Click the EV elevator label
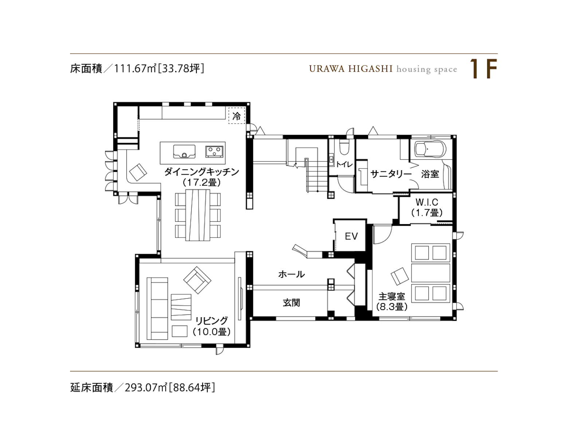coord(351,236)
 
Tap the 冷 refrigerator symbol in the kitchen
coord(236,116)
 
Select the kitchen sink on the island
coord(184,151)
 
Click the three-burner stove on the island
coord(214,151)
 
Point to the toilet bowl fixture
coord(344,147)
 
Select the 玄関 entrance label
coord(291,302)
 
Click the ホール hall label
coord(291,274)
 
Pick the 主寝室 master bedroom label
coord(391,296)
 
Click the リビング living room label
coord(211,321)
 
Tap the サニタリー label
coord(391,174)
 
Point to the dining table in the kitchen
coord(198,215)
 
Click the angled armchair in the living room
coord(197,280)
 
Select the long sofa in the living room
coord(157,309)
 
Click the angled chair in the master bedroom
coord(400,275)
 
